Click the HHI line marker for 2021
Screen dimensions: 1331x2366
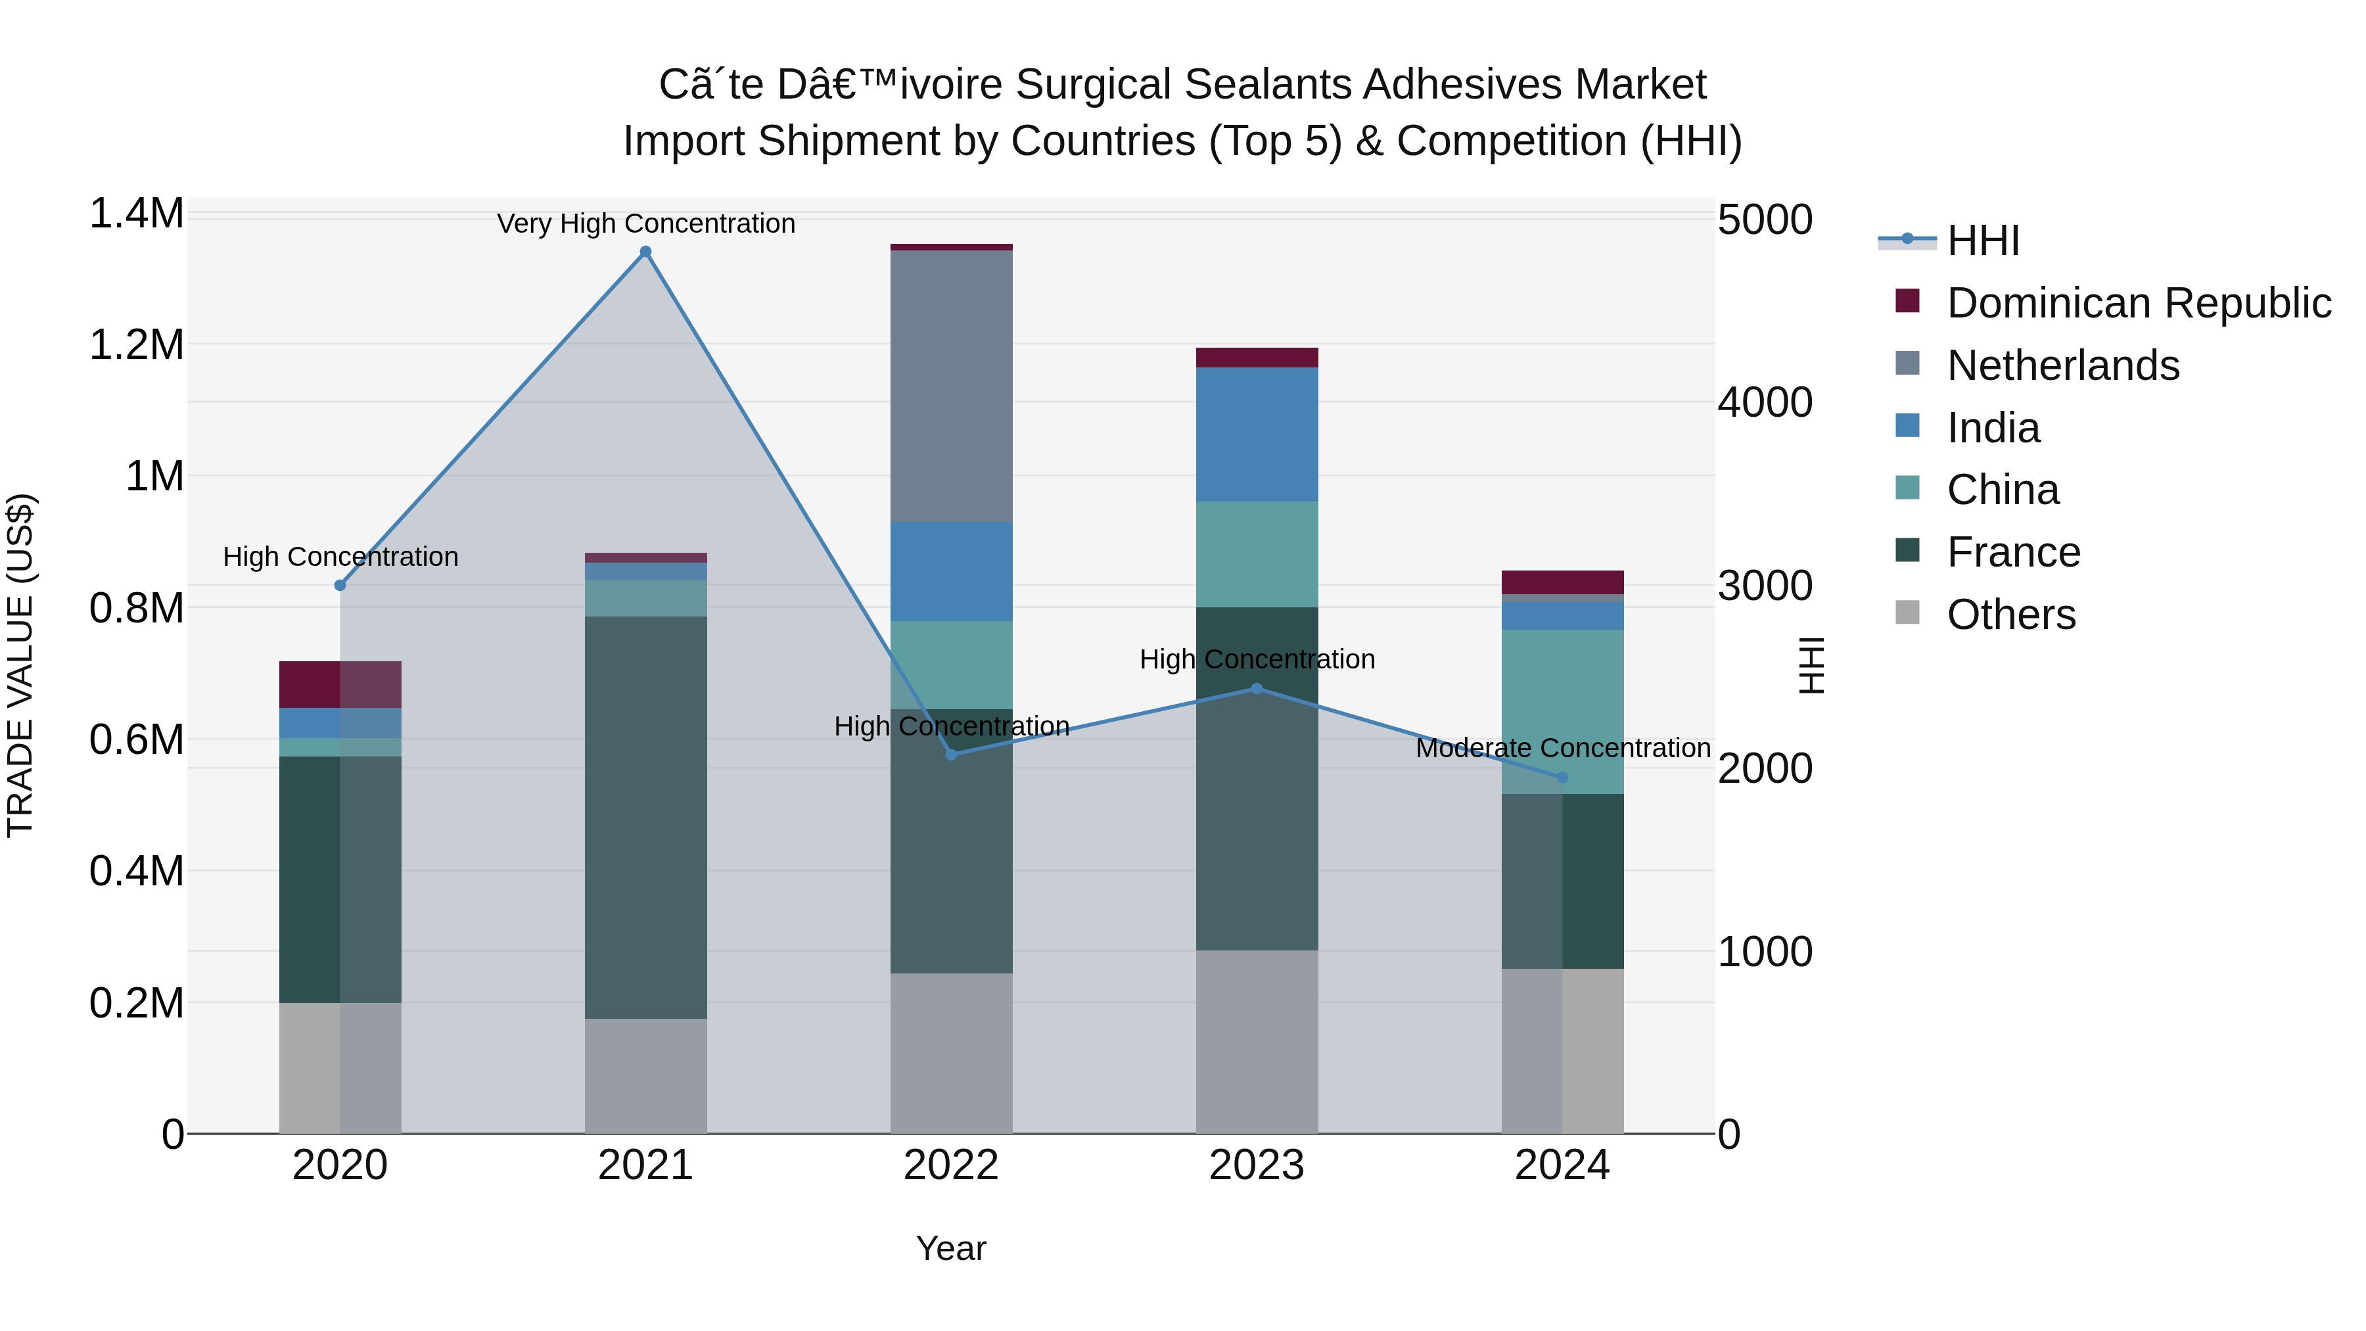click(645, 252)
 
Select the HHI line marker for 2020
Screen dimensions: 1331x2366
click(340, 585)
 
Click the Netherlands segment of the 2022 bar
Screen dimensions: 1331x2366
click(952, 386)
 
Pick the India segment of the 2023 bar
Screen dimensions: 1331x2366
click(1257, 434)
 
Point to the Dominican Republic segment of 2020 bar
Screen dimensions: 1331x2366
click(340, 684)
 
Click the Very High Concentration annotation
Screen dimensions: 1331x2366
click(645, 223)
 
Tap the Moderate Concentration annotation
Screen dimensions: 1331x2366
click(1562, 748)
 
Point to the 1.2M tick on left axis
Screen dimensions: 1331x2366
click(137, 345)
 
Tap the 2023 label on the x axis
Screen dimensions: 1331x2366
click(1257, 1165)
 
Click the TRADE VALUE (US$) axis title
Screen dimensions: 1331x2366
click(20, 665)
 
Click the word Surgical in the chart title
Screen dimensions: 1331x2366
click(1093, 85)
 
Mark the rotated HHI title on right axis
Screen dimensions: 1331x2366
click(1811, 665)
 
